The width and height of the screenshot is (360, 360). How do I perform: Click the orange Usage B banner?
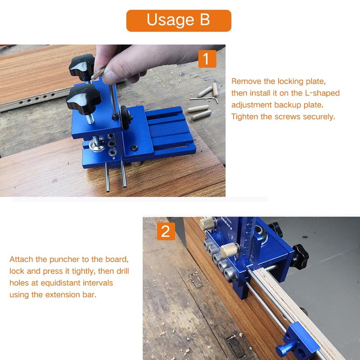(x=179, y=21)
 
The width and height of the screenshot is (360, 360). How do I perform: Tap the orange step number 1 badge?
(x=207, y=59)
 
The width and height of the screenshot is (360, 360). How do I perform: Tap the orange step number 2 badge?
(x=166, y=231)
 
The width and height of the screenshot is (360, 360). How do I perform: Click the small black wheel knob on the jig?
(x=126, y=117)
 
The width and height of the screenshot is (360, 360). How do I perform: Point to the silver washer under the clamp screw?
(x=97, y=144)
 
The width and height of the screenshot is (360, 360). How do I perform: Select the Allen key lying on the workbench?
(x=204, y=99)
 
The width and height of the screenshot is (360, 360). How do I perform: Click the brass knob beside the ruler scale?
(x=229, y=250)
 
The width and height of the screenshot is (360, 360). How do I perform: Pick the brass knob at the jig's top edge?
(x=207, y=223)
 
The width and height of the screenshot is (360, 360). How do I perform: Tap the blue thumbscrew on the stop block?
(x=284, y=349)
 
